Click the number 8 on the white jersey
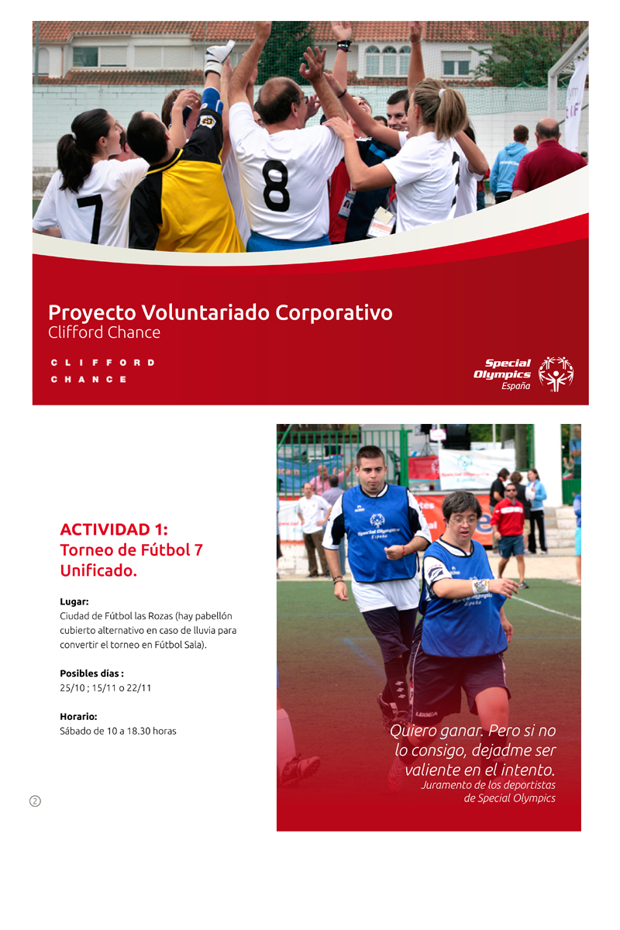coord(276,185)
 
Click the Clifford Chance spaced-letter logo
coord(102,370)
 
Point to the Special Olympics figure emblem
coord(556,374)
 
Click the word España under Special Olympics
coord(516,386)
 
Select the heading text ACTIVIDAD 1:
coord(114,530)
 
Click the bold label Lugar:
coord(74,601)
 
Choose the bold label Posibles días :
coord(91,673)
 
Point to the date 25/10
coord(72,688)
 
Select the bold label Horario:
coord(78,717)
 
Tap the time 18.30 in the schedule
coord(138,731)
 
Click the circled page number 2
coord(36,801)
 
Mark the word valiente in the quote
coord(432,770)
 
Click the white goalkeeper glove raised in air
coord(219,57)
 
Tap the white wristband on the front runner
coord(480,586)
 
